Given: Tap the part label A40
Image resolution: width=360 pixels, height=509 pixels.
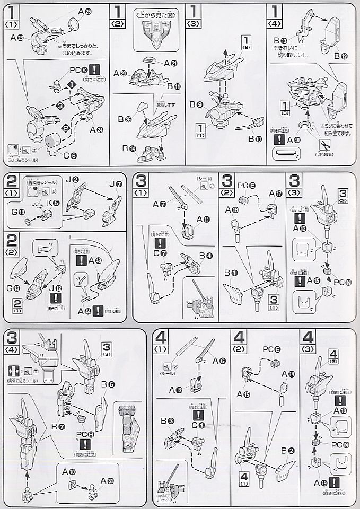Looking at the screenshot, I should pyautogui.click(x=291, y=140).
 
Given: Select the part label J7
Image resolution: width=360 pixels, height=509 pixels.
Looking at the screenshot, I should pyautogui.click(x=114, y=184).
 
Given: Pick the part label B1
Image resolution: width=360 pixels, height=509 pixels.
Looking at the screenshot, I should pyautogui.click(x=230, y=273).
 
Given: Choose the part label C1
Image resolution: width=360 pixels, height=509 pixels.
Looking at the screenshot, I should pyautogui.click(x=198, y=426).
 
